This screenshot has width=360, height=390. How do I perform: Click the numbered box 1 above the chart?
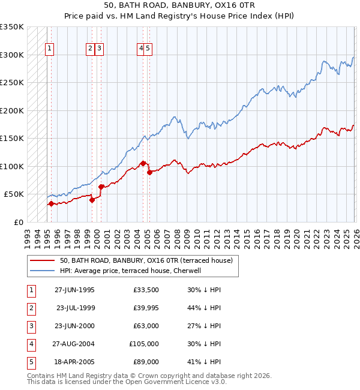click(50, 49)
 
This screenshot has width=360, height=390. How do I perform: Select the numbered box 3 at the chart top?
click(100, 49)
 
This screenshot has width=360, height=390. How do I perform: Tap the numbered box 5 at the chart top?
click(148, 49)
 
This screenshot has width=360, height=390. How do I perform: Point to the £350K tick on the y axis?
click(12, 27)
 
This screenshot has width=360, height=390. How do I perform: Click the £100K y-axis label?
click(12, 166)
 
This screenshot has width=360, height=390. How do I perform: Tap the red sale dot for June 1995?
click(51, 203)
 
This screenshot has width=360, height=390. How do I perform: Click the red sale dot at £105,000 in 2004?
click(143, 163)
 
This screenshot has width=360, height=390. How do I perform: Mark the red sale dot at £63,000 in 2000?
click(101, 187)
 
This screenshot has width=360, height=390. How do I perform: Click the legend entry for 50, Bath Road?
click(149, 260)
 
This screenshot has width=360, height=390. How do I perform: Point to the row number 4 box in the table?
click(30, 344)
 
